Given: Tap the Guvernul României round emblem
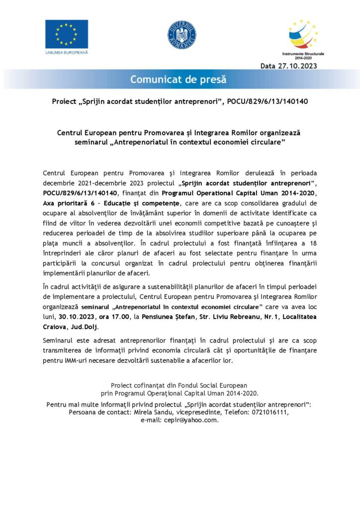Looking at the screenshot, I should (181, 35).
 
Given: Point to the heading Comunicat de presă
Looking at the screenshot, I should (178, 79).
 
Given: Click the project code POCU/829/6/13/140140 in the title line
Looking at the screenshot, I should (268, 101).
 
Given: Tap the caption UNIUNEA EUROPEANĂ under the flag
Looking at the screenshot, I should (66, 52).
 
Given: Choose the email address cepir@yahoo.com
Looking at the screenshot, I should (194, 420).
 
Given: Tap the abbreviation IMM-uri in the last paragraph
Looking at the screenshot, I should (72, 360).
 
